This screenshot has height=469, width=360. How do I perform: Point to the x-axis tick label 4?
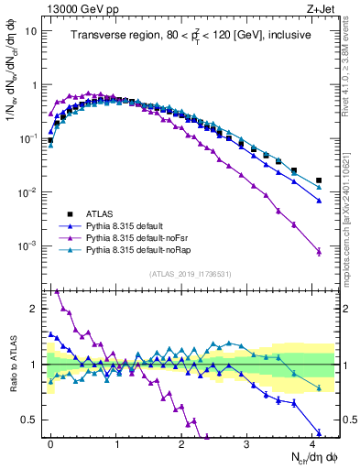pos(312,442)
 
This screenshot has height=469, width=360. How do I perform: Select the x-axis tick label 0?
pos(50,442)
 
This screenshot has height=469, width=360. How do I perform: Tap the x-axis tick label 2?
pos(181,442)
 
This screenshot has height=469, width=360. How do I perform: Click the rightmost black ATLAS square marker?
pos(319,180)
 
